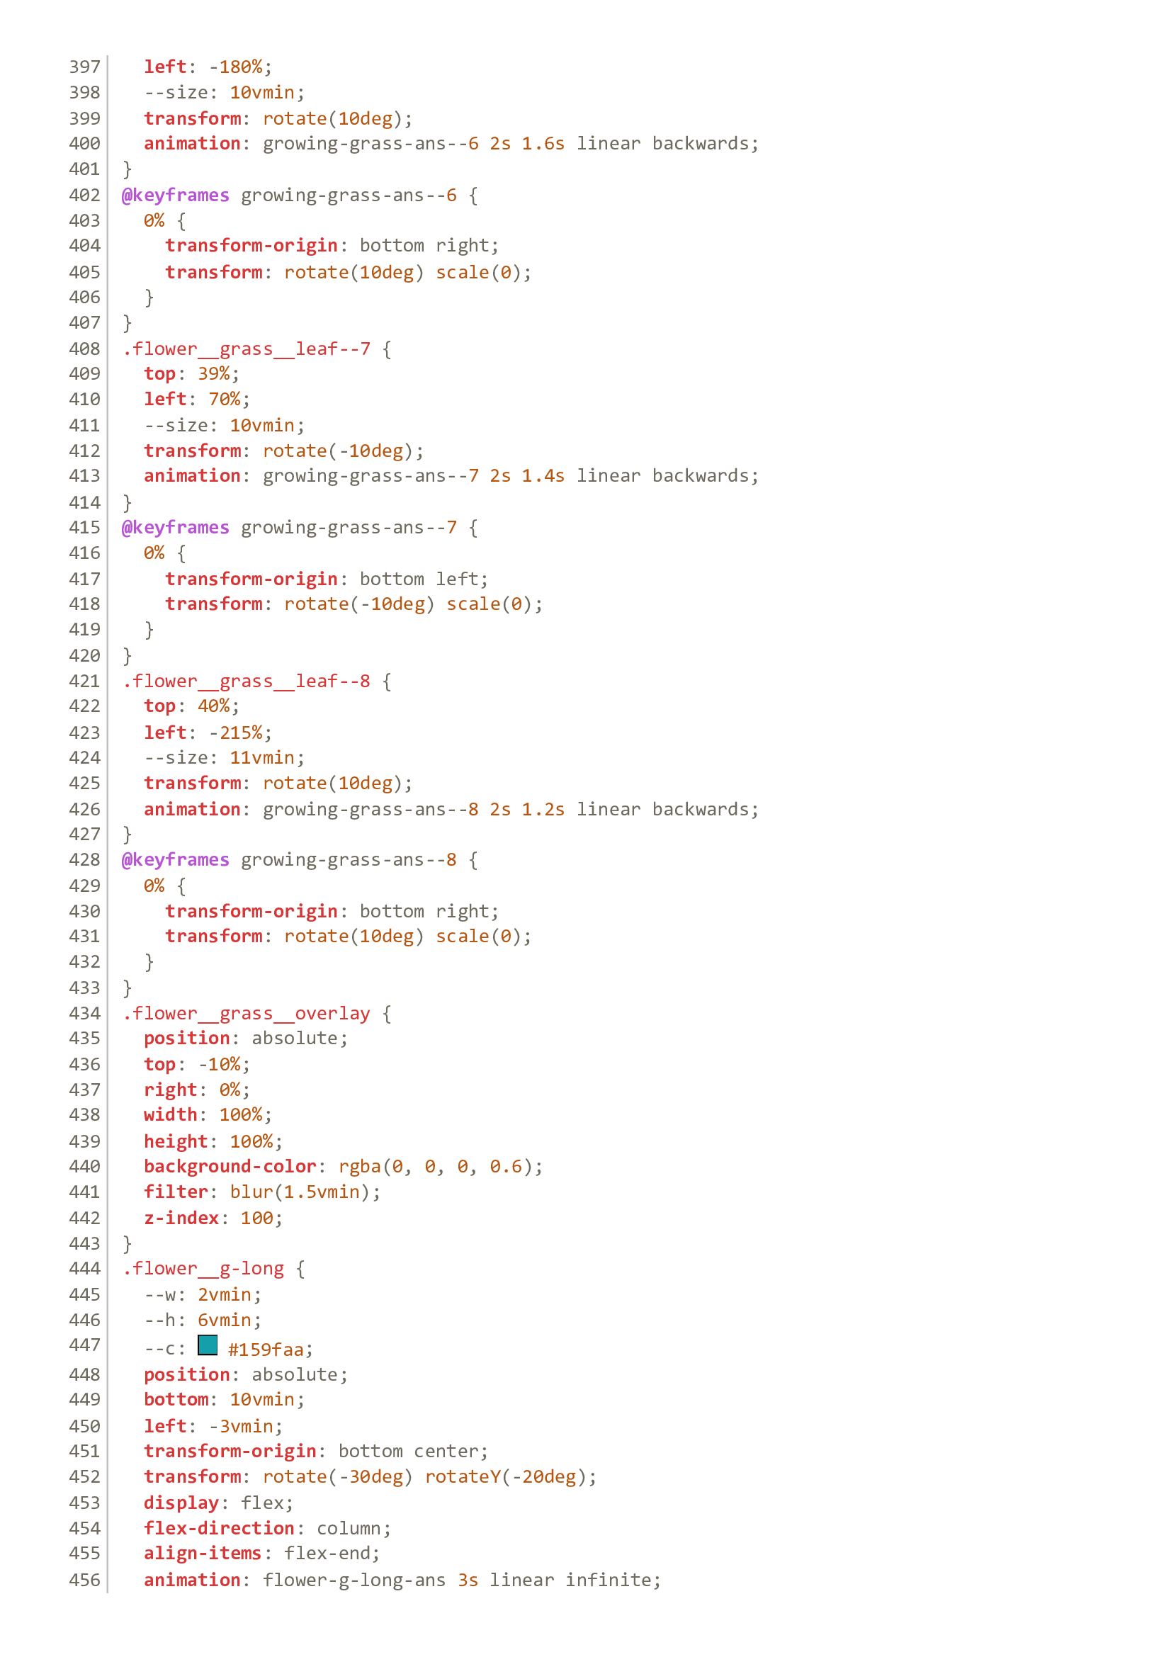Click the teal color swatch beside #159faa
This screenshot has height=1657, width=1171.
tap(208, 1345)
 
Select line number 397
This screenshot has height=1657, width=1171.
tap(84, 67)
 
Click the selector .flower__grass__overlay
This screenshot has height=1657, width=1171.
tap(246, 1013)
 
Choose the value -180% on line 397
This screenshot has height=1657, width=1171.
tap(236, 67)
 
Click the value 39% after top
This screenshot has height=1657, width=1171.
tap(213, 374)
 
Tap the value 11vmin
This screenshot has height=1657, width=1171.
tap(262, 757)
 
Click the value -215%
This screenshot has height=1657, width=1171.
tap(236, 733)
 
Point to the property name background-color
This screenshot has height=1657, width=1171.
tap(230, 1166)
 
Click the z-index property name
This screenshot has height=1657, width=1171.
tap(181, 1218)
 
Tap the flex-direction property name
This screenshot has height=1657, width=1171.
tap(219, 1528)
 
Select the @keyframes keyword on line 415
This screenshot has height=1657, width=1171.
tap(175, 528)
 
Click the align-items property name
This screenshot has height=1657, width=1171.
tap(203, 1553)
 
